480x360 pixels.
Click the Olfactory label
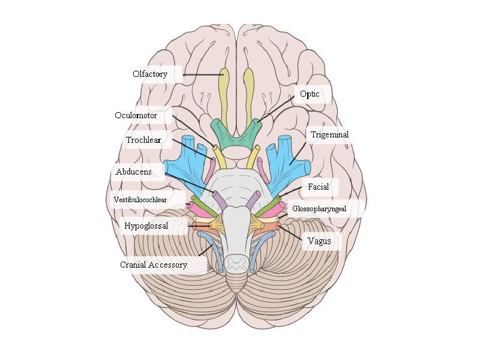[150, 74]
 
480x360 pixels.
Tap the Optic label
[310, 94]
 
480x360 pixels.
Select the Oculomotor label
[136, 115]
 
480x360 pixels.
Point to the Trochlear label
[143, 140]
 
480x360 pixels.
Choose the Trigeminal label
[329, 135]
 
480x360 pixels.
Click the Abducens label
[133, 172]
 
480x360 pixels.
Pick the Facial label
[318, 187]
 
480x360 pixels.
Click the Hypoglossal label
[146, 226]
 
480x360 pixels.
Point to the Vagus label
[319, 241]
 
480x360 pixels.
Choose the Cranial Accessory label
[154, 265]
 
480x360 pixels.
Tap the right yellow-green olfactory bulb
[248, 93]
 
